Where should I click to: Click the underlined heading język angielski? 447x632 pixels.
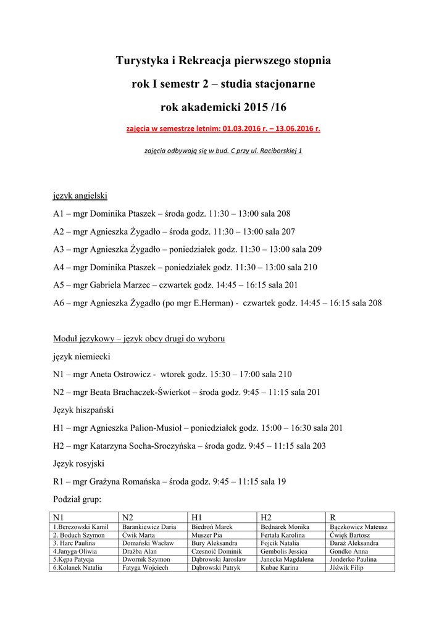click(x=80, y=196)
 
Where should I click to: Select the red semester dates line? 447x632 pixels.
click(x=223, y=130)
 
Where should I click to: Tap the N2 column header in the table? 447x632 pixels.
click(x=128, y=517)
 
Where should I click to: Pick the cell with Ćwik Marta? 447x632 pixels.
click(x=138, y=535)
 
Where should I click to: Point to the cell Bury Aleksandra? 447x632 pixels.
click(x=210, y=543)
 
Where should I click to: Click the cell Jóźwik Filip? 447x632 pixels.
click(x=347, y=567)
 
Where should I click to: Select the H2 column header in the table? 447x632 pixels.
click(x=267, y=517)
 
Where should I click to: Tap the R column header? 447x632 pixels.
click(x=333, y=517)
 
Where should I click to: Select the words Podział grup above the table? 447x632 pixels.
click(x=77, y=499)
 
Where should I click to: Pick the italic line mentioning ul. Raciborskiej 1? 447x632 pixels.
click(x=223, y=151)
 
